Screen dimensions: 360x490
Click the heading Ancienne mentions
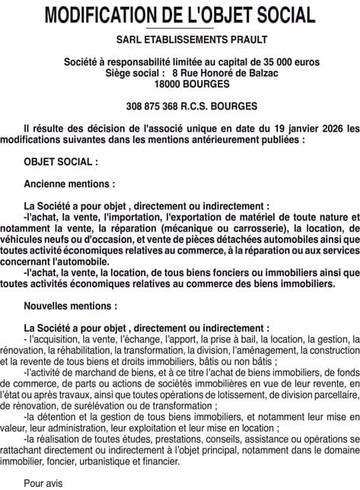click(70, 184)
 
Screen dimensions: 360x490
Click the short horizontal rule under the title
click(180, 28)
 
